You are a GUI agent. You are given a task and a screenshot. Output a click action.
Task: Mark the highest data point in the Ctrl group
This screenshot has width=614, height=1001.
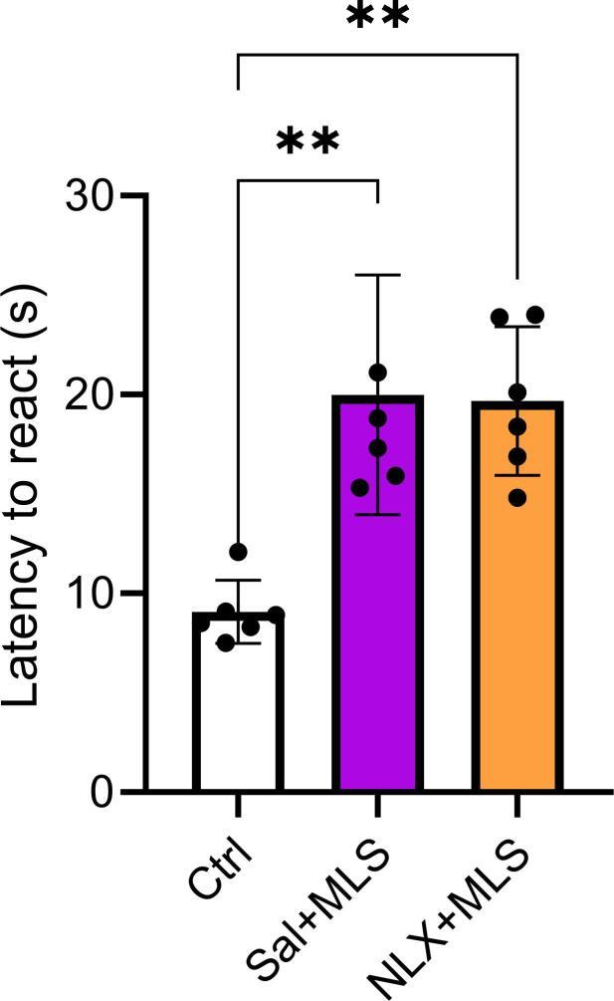tap(238, 552)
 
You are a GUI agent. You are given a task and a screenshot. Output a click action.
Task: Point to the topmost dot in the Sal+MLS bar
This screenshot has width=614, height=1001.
tap(377, 373)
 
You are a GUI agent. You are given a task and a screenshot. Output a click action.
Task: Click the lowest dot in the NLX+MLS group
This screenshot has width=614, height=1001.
tap(516, 496)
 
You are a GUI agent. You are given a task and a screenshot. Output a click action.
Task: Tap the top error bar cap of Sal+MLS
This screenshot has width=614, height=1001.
tap(377, 275)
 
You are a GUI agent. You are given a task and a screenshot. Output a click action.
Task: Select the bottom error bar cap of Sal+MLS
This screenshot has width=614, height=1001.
tap(377, 514)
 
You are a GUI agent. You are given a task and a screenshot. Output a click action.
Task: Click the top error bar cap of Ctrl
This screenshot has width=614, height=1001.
tap(238, 580)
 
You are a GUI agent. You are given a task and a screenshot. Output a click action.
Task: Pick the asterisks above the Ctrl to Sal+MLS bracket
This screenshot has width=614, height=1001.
tap(307, 142)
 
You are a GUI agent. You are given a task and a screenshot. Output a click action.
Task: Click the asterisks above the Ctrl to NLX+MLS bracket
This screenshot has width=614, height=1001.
tap(377, 18)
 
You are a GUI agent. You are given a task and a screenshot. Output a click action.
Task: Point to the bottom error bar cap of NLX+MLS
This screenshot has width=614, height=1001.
tap(516, 475)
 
